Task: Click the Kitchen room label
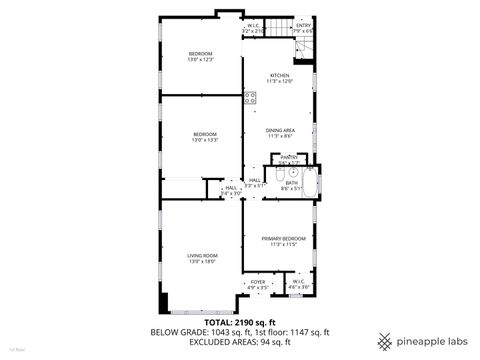coord(279,78)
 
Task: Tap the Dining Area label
coord(279,132)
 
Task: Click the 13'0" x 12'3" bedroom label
coord(202,56)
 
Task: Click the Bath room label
coord(291,185)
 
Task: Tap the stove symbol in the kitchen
coord(248,99)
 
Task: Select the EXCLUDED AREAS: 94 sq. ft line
coord(239,342)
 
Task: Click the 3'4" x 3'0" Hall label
coord(231,190)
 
